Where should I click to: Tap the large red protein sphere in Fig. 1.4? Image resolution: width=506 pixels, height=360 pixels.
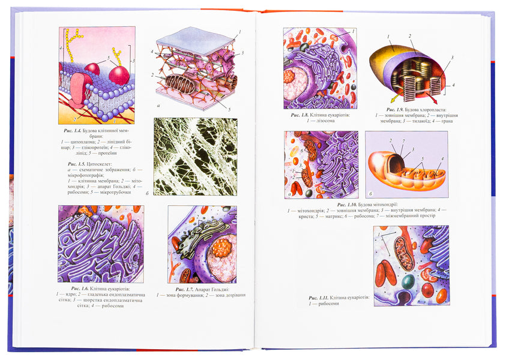[x=119, y=75]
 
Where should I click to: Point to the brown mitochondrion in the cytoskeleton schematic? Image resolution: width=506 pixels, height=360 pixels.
[x=180, y=84]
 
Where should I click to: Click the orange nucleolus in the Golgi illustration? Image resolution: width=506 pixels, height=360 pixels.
[x=222, y=248]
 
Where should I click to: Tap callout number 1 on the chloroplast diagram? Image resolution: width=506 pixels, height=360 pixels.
[x=389, y=36]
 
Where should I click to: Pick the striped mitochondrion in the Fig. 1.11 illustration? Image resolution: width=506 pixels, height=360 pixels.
[x=403, y=253]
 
